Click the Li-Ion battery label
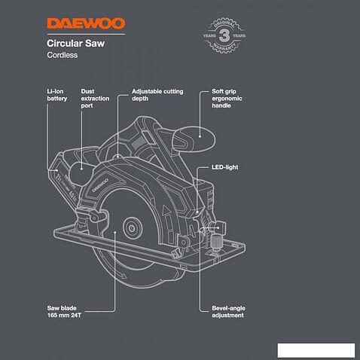[57, 95]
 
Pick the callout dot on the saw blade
[114, 233]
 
